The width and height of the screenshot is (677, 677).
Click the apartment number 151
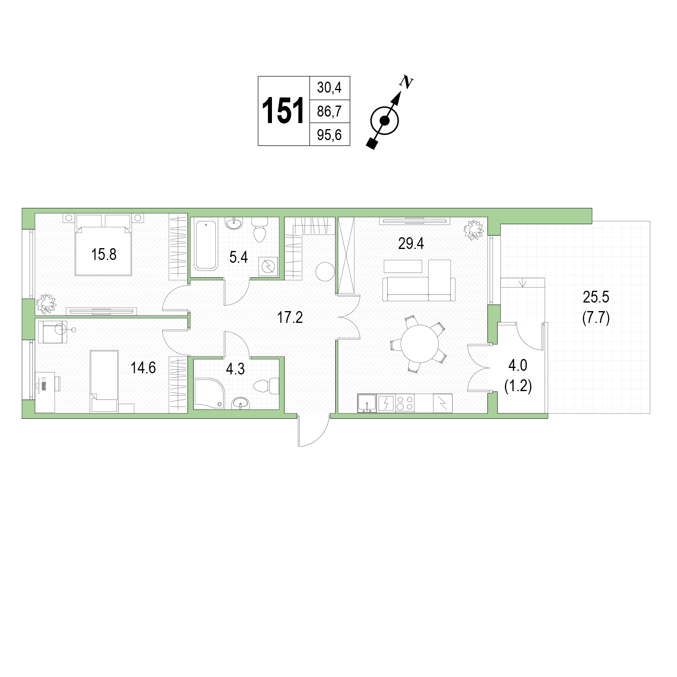[283, 111]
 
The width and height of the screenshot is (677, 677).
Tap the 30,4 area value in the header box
[330, 87]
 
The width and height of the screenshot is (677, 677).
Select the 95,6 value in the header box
[330, 134]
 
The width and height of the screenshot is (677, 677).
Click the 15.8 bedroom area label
[104, 255]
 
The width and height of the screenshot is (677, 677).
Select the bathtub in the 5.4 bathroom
[206, 244]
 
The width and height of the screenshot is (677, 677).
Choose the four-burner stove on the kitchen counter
[405, 403]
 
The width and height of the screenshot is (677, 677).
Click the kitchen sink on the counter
[367, 403]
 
